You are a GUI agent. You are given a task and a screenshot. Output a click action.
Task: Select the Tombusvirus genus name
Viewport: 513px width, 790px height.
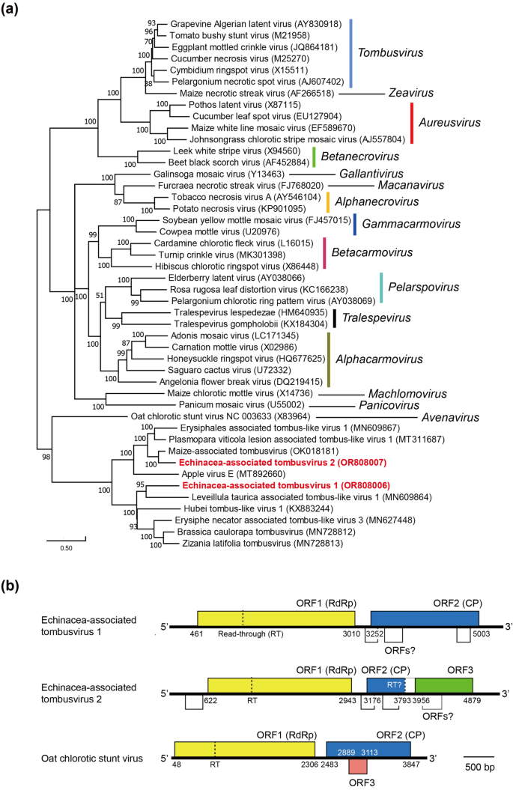[x=391, y=53]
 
